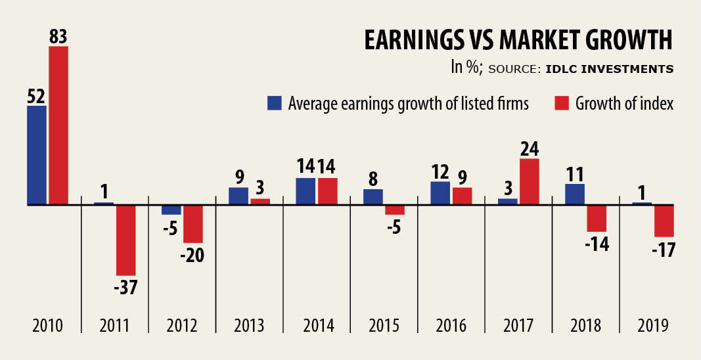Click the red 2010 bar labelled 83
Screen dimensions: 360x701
coord(58,125)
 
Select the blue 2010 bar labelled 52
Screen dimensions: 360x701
coord(37,155)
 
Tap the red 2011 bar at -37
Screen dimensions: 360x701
coord(126,240)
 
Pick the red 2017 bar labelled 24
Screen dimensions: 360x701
coord(529,181)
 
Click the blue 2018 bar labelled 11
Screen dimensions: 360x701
coord(575,194)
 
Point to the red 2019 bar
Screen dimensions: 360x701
coord(664,221)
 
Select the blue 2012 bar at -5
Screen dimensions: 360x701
coord(171,210)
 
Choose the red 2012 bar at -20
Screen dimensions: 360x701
coord(193,224)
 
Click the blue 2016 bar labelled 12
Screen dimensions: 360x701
coord(440,193)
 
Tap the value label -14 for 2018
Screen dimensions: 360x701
coord(597,244)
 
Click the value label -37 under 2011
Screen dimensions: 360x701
coord(125,288)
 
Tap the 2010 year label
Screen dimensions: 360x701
coord(48,326)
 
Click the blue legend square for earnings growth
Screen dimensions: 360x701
coord(274,103)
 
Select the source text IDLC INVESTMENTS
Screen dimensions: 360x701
coord(609,68)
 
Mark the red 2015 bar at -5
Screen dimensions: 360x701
coord(395,210)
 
